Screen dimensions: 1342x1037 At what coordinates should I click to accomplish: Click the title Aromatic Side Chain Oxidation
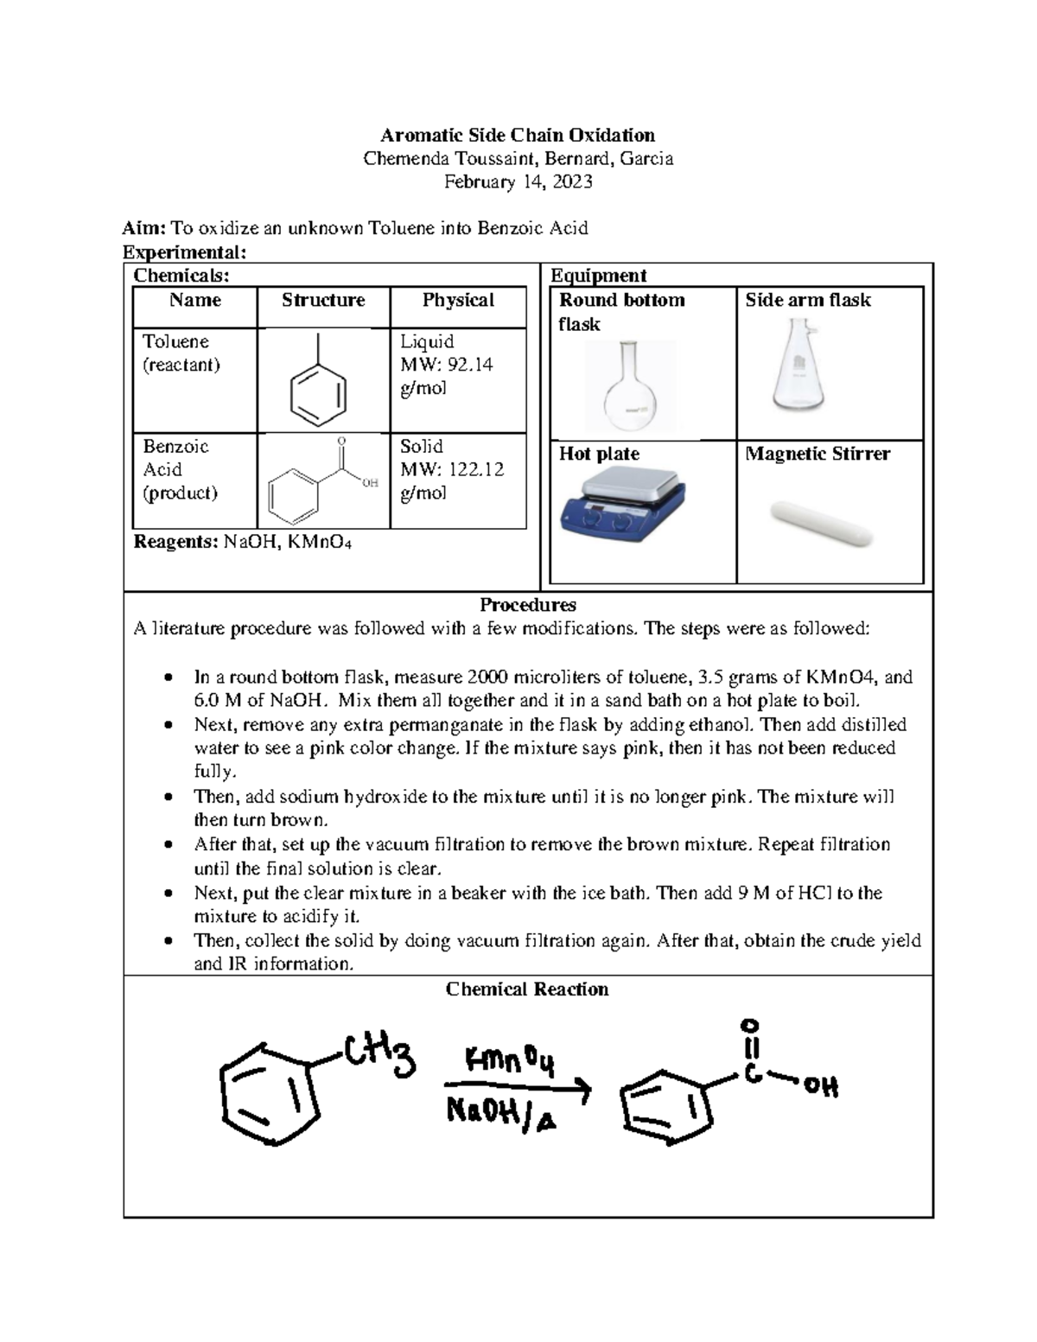(518, 135)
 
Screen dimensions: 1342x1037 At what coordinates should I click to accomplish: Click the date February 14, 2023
(518, 181)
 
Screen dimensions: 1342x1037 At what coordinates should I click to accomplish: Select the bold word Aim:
(143, 228)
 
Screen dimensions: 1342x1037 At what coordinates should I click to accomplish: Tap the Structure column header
(323, 301)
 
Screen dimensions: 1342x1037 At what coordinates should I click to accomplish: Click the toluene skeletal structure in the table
(318, 385)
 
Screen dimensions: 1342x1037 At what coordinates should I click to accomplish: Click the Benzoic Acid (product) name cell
(180, 470)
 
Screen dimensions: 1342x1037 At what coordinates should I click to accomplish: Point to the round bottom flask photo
(629, 385)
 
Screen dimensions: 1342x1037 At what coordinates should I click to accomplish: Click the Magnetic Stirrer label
(818, 454)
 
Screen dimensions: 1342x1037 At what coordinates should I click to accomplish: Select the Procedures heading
(527, 605)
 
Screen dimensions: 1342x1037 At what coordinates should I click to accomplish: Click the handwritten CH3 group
(380, 1056)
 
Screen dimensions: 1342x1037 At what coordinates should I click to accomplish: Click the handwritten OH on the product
(821, 1086)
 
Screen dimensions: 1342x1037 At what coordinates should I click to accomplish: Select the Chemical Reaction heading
(527, 989)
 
